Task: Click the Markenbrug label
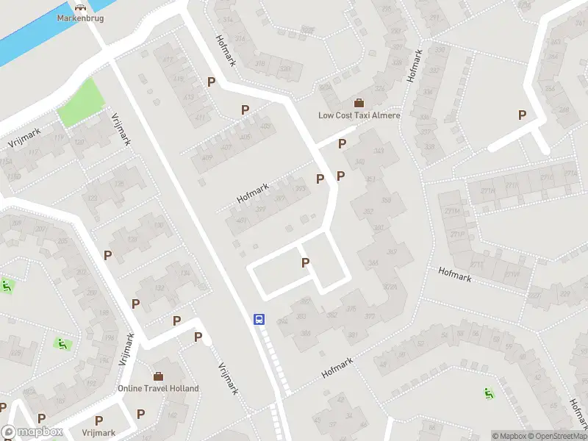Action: (80, 17)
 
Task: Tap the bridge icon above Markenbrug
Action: (80, 7)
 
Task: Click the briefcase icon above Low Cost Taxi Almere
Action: (359, 103)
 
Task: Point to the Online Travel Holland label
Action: (158, 388)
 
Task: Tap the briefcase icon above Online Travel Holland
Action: (158, 376)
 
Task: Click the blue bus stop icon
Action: (259, 319)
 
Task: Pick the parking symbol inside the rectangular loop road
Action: (306, 262)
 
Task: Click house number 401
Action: (241, 221)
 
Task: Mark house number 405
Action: (245, 137)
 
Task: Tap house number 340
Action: (359, 162)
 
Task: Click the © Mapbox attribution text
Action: (509, 436)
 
